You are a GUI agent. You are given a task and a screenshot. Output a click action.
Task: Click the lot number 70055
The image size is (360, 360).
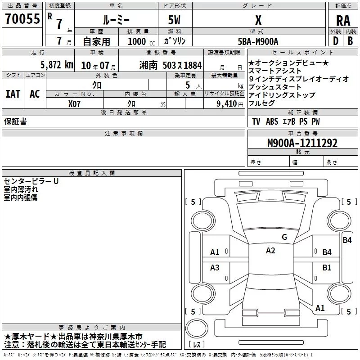pyautogui.click(x=22, y=19)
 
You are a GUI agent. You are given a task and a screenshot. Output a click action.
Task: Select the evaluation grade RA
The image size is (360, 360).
pyautogui.click(x=343, y=20)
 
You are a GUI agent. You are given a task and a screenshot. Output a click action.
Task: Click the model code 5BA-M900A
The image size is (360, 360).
pyautogui.click(x=258, y=41)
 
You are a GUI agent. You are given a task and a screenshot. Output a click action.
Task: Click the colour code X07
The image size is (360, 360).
pyautogui.click(x=74, y=103)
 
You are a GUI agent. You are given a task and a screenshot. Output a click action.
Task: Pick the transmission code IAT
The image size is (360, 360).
pyautogui.click(x=13, y=94)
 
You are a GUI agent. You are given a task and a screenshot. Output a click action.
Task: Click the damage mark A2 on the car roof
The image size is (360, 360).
pyautogui.click(x=270, y=251)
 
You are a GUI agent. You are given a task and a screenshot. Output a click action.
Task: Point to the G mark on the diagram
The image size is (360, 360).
pyautogui.click(x=284, y=237)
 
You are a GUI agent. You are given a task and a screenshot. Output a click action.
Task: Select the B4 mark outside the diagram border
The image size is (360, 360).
pyautogui.click(x=347, y=240)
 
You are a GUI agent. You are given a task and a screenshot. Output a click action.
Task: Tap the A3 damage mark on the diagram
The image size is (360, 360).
pyautogui.click(x=215, y=268)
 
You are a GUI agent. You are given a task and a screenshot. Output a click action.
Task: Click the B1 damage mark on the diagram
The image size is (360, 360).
pyautogui.click(x=327, y=268)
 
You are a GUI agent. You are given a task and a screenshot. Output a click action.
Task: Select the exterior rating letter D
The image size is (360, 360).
pyautogui.click(x=335, y=40)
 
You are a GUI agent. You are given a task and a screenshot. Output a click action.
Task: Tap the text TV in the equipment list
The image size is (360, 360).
pyautogui.click(x=256, y=121)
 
